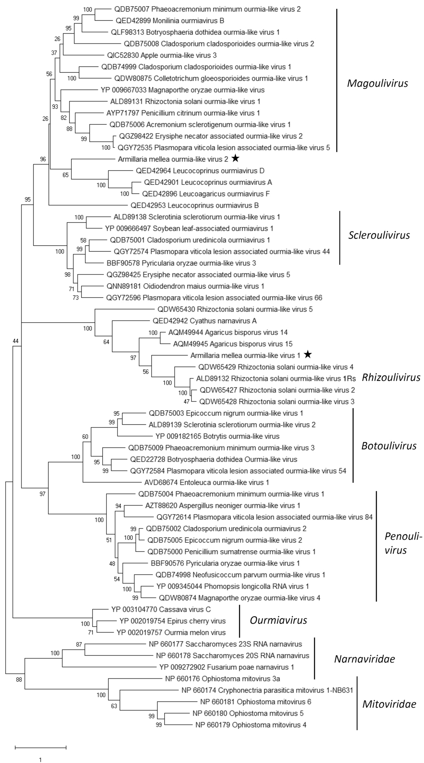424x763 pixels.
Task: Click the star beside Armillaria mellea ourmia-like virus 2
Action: click(236, 159)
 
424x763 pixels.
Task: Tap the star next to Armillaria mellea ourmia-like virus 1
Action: click(308, 354)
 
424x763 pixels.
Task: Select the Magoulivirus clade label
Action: click(377, 83)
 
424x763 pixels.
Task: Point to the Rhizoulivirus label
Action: click(391, 378)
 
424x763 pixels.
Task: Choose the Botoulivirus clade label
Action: click(389, 446)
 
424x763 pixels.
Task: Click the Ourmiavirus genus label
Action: click(278, 620)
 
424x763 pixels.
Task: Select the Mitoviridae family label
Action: click(389, 704)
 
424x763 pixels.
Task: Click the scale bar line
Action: click(41, 738)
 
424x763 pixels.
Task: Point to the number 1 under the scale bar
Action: click(41, 751)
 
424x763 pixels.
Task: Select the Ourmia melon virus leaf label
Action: click(171, 632)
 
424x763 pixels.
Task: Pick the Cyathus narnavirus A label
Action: click(204, 321)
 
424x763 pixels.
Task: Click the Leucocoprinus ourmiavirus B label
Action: click(194, 205)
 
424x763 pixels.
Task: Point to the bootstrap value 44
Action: click(16, 341)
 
